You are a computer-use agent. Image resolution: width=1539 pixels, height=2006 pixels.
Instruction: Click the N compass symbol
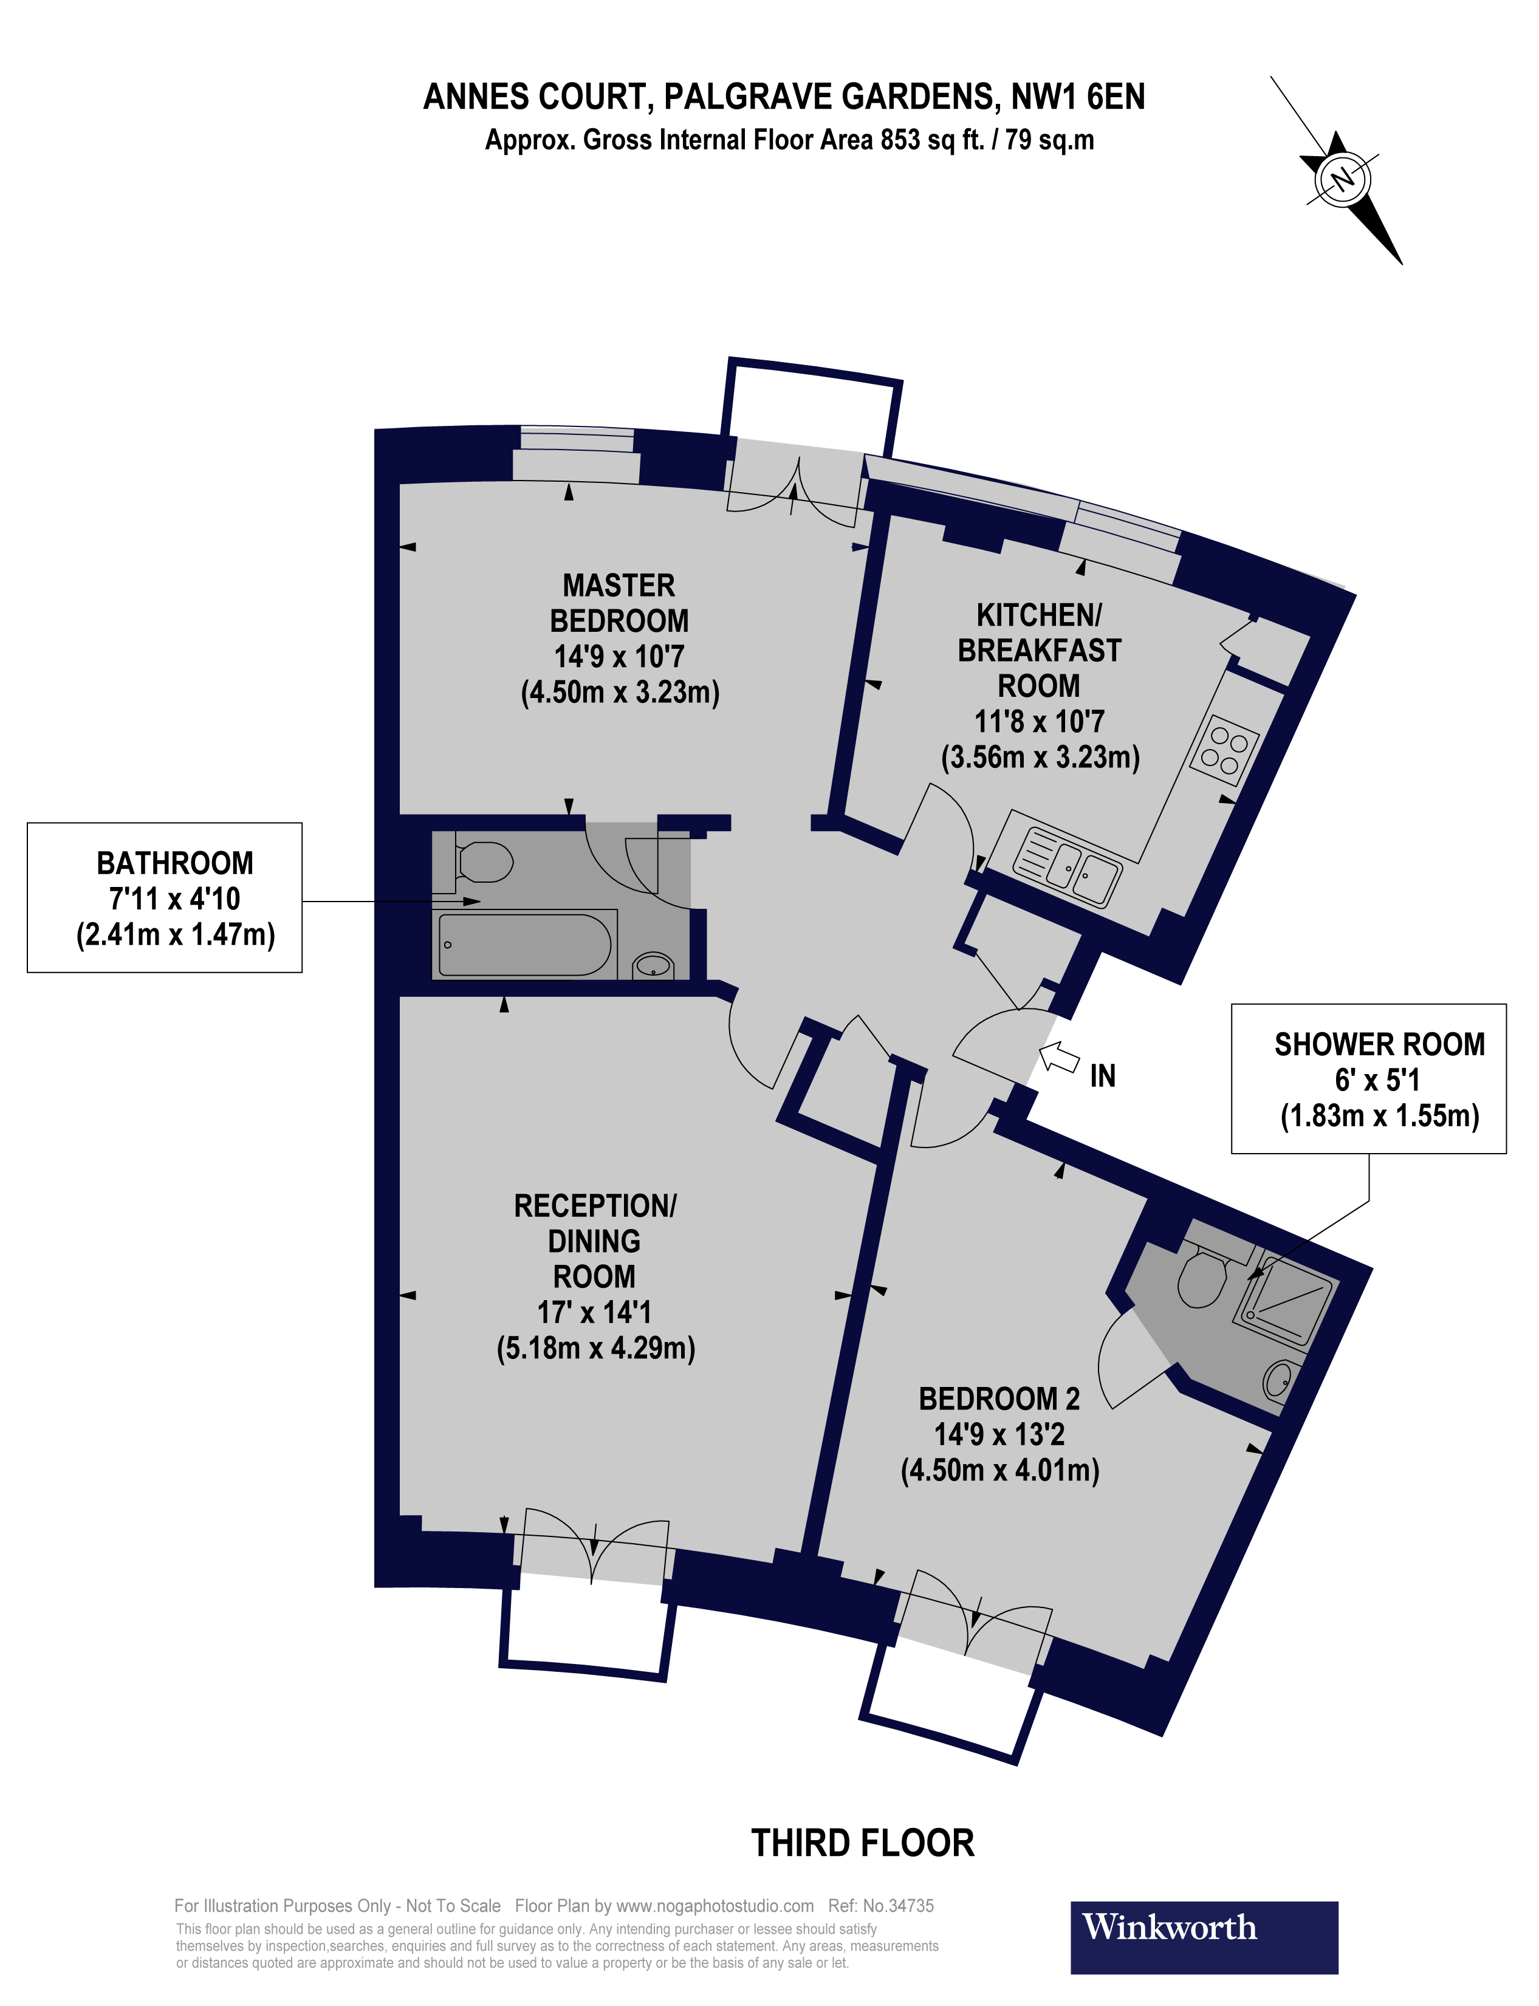(1342, 179)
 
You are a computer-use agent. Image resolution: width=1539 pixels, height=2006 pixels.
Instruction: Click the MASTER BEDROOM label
(619, 603)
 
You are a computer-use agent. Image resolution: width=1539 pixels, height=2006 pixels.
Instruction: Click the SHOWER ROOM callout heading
(1379, 1044)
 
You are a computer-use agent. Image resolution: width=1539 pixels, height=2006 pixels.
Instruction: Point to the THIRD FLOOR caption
(862, 1842)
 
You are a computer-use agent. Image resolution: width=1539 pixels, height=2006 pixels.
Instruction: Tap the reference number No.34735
(898, 1905)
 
